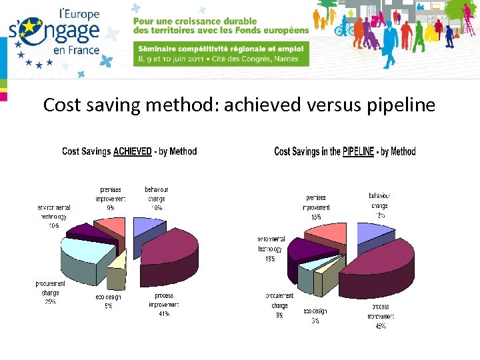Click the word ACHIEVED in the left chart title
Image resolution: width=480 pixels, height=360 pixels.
click(132, 151)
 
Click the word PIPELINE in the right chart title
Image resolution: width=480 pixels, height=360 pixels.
click(358, 151)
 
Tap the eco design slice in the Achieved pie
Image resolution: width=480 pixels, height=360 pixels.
click(116, 270)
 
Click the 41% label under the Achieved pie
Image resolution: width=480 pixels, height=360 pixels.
click(163, 313)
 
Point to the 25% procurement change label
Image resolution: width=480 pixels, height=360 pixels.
click(50, 301)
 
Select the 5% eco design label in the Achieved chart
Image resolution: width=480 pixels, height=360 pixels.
click(108, 307)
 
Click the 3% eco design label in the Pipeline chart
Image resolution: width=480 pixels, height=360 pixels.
click(315, 320)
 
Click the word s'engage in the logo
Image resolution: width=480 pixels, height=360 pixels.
click(55, 32)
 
